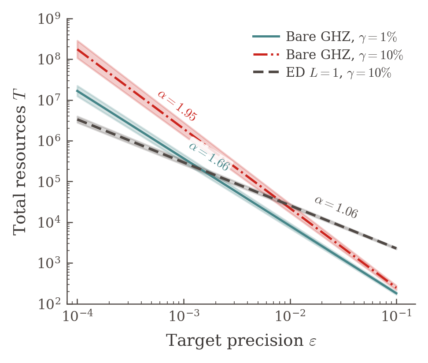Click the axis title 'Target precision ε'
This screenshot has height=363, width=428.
click(241, 341)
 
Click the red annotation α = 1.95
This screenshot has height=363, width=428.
click(177, 106)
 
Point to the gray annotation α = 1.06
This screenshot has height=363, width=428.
click(336, 207)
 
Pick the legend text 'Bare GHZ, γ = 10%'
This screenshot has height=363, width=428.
click(344, 55)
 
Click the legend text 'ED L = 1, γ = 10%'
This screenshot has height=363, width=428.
click(339, 73)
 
